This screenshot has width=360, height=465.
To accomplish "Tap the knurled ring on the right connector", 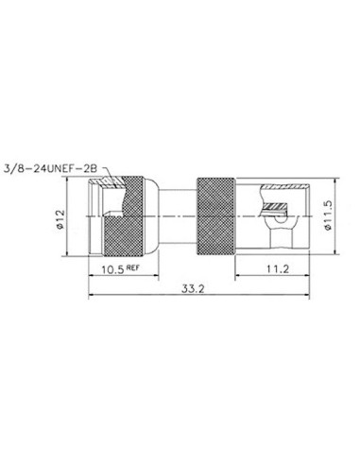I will coord(216,216).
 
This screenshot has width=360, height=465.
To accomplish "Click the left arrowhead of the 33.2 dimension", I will coord(92,294).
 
